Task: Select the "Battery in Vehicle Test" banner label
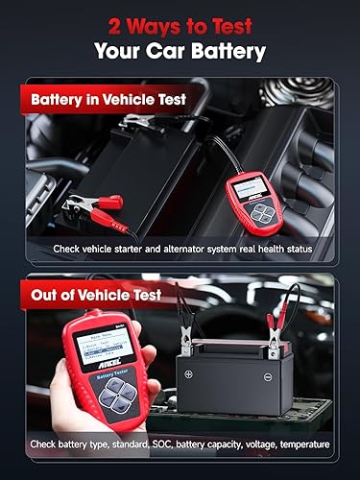115,98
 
